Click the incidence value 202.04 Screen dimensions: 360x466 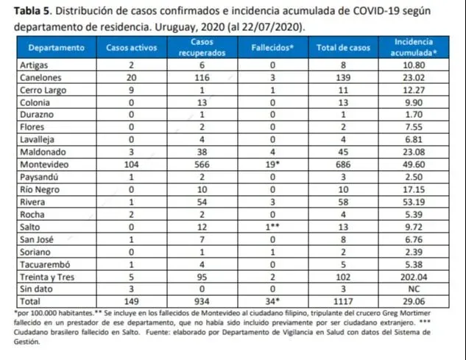[412, 279]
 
